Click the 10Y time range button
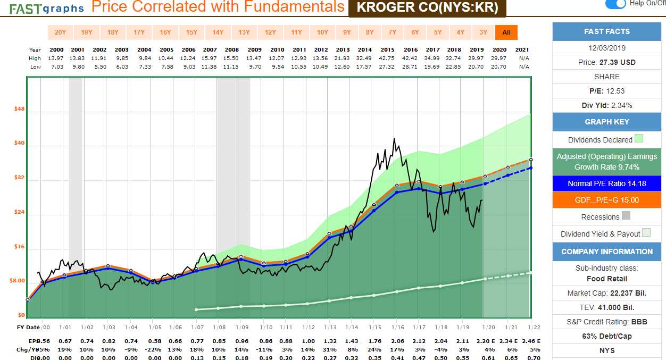(322, 32)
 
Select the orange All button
(506, 32)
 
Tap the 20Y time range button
(60, 32)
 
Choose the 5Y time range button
(437, 32)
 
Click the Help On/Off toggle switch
(615, 4)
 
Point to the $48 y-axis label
(19, 110)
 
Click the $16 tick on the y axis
(19, 247)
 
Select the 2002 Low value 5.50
(100, 67)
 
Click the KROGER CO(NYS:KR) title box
(427, 8)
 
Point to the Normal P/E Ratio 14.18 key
(606, 183)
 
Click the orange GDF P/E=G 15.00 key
(606, 200)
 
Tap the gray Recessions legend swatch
(626, 216)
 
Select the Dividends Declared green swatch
(639, 139)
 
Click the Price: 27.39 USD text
(606, 62)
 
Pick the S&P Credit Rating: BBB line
(606, 322)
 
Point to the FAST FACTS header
(606, 31)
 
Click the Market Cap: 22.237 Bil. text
(606, 293)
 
